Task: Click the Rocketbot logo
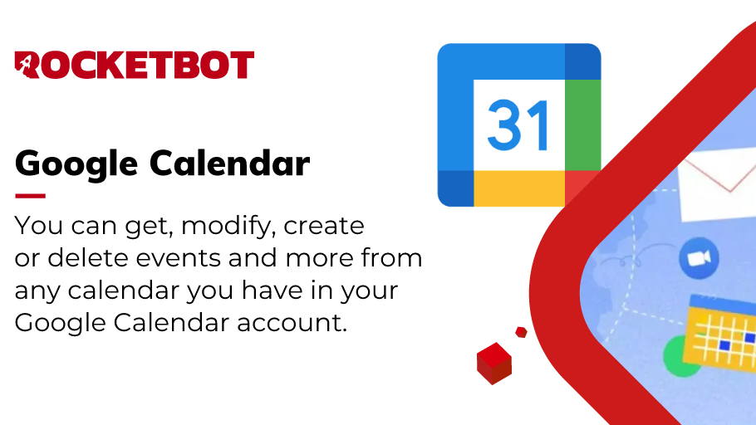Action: pos(135,65)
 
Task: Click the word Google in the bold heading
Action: pos(73,164)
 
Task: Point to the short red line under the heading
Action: pos(30,196)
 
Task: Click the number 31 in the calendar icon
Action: pos(518,127)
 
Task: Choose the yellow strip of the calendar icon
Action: pos(518,188)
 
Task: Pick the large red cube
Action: pos(494,364)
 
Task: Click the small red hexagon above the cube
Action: pos(521,332)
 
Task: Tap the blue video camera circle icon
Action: pos(697,260)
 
